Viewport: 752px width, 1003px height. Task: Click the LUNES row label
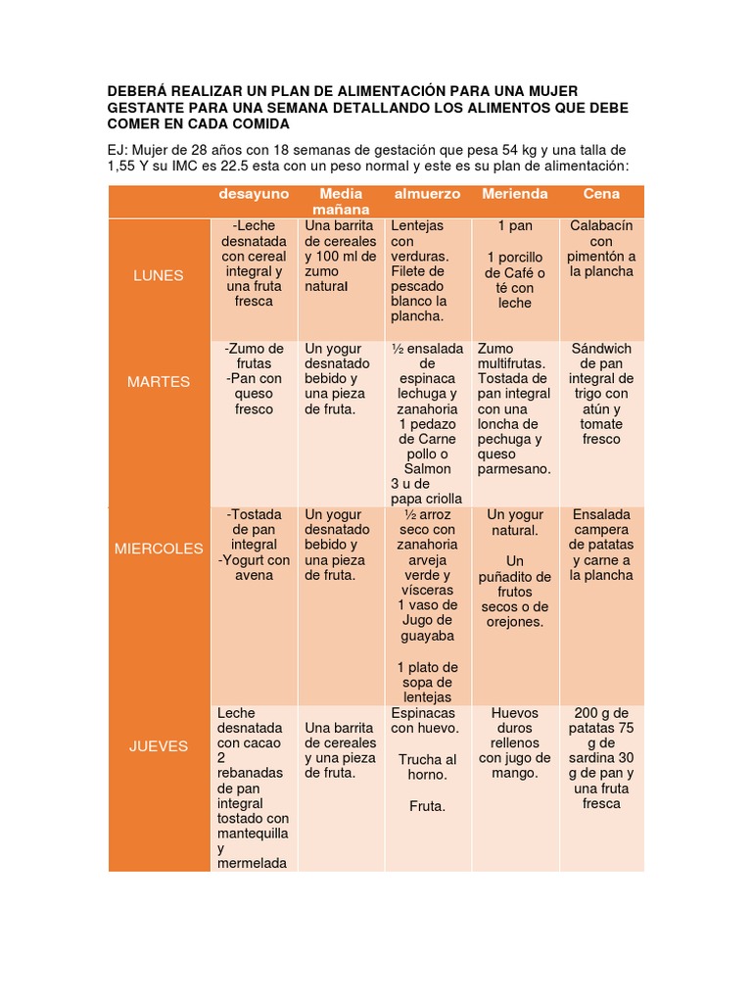(159, 275)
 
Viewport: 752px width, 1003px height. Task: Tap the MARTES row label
(159, 381)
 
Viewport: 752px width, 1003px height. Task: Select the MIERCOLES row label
(159, 549)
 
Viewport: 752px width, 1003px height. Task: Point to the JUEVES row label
(159, 745)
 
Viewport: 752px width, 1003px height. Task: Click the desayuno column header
(254, 194)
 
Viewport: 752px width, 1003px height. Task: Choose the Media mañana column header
(341, 202)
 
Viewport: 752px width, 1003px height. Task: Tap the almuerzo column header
(427, 194)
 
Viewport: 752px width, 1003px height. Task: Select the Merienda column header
(515, 194)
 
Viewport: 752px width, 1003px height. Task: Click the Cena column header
(601, 194)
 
